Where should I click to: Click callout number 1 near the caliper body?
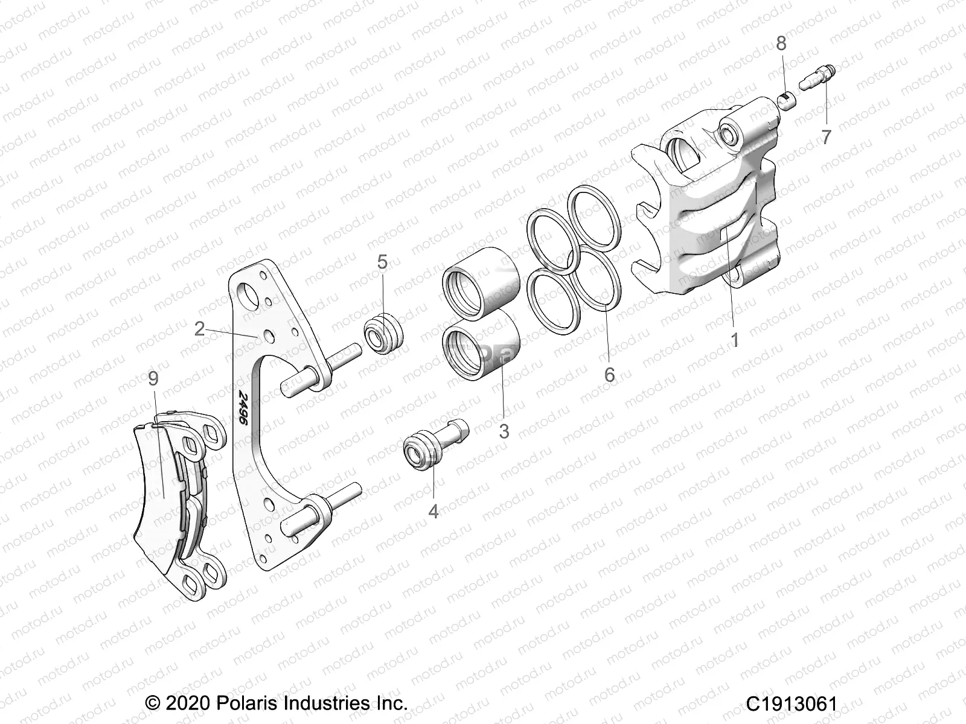coord(735,340)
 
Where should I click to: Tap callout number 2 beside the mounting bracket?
coord(200,329)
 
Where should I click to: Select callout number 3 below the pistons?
coord(504,431)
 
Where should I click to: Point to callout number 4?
coord(433,512)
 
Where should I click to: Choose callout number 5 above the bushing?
coord(382,262)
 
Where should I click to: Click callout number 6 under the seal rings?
coord(609,375)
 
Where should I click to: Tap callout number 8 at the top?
coord(781,43)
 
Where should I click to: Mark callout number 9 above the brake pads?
coord(153,379)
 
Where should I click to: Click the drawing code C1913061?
coord(791,703)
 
